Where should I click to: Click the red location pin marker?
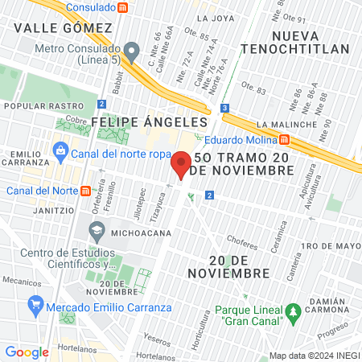tap(181, 166)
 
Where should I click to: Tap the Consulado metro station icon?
tap(122, 7)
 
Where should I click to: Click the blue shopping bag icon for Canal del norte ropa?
tap(60, 149)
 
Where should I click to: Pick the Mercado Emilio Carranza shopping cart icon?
tap(35, 306)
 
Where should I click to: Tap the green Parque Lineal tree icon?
tap(294, 311)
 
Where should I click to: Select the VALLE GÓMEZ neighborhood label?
tap(63, 28)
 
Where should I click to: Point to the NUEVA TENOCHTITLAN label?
tap(311, 43)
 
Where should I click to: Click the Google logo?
tap(27, 352)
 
